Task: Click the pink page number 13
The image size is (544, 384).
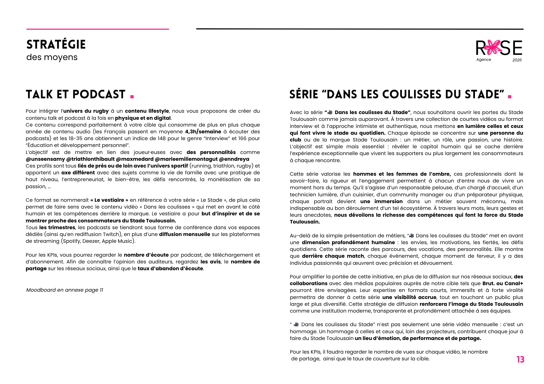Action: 520,360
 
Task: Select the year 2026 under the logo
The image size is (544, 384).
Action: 517,60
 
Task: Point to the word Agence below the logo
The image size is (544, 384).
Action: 484,59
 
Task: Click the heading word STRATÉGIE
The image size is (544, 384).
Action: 56,45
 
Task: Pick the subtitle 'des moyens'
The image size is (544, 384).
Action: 52,57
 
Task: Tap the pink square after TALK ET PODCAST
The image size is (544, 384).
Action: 132,96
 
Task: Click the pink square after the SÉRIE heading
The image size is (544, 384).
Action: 509,96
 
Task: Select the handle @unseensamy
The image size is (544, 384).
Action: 45,159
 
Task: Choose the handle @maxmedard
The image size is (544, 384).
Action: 135,159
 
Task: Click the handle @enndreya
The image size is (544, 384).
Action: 234,159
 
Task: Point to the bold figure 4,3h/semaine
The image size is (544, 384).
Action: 203,132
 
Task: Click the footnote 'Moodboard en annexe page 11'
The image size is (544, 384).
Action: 65,290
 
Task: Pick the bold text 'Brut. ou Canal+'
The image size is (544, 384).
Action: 503,284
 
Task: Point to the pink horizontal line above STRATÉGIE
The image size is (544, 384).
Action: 98,29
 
